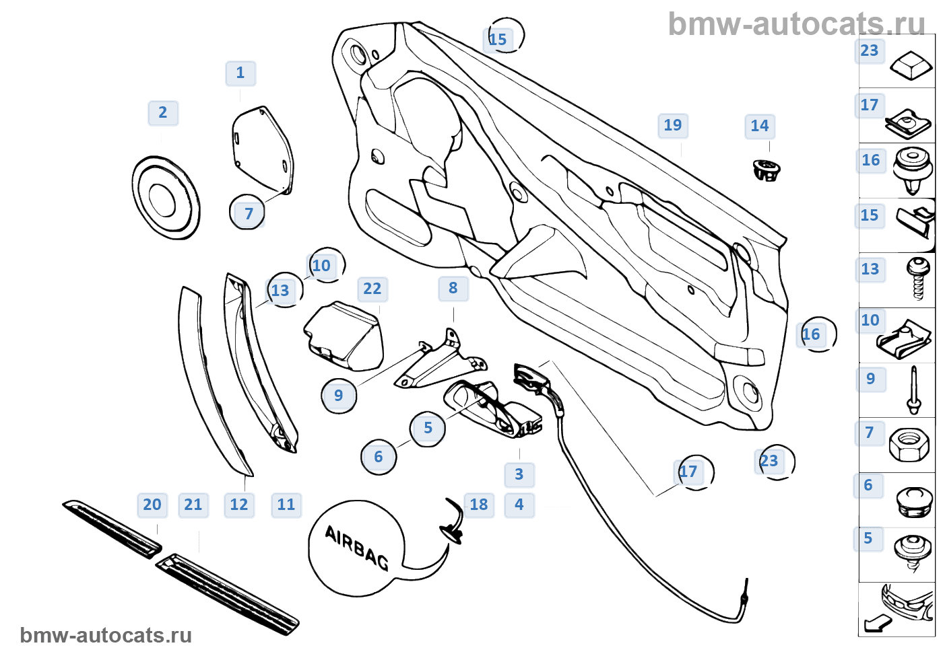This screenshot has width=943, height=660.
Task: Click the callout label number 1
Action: click(x=240, y=73)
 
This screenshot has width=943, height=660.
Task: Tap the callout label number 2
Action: click(x=163, y=113)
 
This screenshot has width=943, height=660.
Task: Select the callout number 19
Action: click(x=673, y=126)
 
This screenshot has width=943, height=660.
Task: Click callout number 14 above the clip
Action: click(x=760, y=126)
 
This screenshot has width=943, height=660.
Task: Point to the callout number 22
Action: click(x=372, y=289)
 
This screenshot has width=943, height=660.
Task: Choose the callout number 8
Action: click(x=453, y=289)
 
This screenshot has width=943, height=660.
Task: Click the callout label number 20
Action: click(x=152, y=505)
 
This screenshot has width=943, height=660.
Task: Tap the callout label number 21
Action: click(x=193, y=505)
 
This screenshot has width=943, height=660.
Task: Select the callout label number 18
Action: click(x=479, y=505)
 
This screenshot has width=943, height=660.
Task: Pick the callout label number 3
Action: click(x=519, y=475)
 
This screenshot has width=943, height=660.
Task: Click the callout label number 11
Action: click(x=286, y=505)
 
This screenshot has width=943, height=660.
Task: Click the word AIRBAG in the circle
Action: click(x=356, y=547)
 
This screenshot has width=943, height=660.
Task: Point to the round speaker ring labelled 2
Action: click(x=165, y=198)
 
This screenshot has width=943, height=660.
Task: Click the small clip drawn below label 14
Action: click(x=766, y=170)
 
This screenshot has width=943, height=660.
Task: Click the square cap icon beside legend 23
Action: click(x=910, y=65)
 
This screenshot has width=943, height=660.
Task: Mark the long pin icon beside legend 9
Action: click(x=913, y=390)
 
